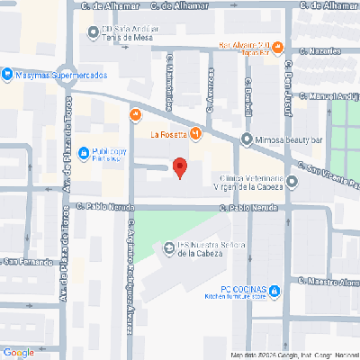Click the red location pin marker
click(x=179, y=167)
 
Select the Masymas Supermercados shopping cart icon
click(x=7, y=75)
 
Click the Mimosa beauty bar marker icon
click(x=247, y=139)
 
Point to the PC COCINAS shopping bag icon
click(x=275, y=290)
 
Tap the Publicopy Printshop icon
click(x=83, y=152)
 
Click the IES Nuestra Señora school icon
click(x=166, y=247)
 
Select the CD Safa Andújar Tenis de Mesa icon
click(x=93, y=31)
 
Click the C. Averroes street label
click(x=209, y=90)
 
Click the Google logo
click(x=18, y=352)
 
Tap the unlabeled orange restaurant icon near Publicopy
click(x=135, y=114)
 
